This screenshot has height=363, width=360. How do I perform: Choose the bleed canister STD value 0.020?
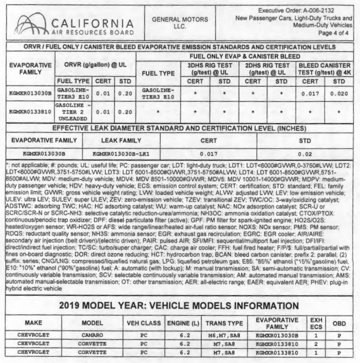(x=339, y=93)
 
